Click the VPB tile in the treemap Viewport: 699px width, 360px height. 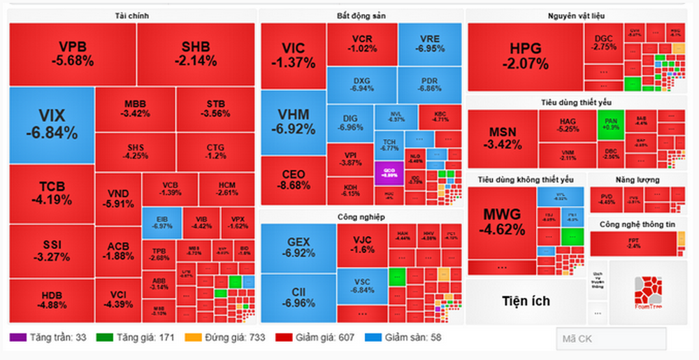[x=72, y=53]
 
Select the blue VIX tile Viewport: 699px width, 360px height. [x=51, y=124]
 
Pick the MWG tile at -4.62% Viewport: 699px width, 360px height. [x=501, y=222]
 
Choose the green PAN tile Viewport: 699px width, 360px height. [x=610, y=124]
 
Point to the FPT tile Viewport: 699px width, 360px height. [x=633, y=243]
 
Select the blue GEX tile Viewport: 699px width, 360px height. [x=298, y=247]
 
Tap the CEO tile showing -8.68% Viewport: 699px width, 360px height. [x=293, y=180]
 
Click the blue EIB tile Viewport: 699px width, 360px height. [x=161, y=221]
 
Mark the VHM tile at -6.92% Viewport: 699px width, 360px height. [x=293, y=122]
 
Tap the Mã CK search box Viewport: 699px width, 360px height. [x=611, y=338]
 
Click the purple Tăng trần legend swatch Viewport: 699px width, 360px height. [x=17, y=338]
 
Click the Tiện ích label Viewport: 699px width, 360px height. [x=526, y=301]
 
